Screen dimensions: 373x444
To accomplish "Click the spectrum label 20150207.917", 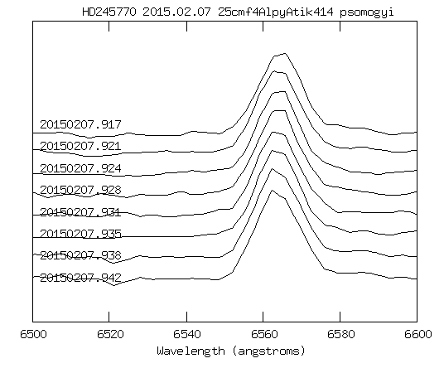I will [80, 125].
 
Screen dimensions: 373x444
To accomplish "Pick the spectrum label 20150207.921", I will [80, 147].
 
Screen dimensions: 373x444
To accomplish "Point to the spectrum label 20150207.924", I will [80, 168].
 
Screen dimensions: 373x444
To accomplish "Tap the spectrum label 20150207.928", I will [80, 190].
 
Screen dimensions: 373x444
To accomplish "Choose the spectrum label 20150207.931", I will [80, 211].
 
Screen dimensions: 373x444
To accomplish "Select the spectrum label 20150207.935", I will [80, 233].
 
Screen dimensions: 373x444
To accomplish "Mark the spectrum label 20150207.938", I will [80, 254].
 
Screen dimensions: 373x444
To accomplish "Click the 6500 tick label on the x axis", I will [33, 334].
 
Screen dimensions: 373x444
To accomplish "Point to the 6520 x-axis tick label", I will [110, 334].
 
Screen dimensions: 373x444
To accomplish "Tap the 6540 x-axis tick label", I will [187, 334].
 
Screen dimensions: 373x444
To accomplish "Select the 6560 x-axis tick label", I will [263, 334].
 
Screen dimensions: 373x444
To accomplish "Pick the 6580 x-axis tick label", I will [340, 334].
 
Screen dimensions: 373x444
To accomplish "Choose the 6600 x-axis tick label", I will [417, 334].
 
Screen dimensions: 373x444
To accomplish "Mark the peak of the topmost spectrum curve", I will [284, 54].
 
